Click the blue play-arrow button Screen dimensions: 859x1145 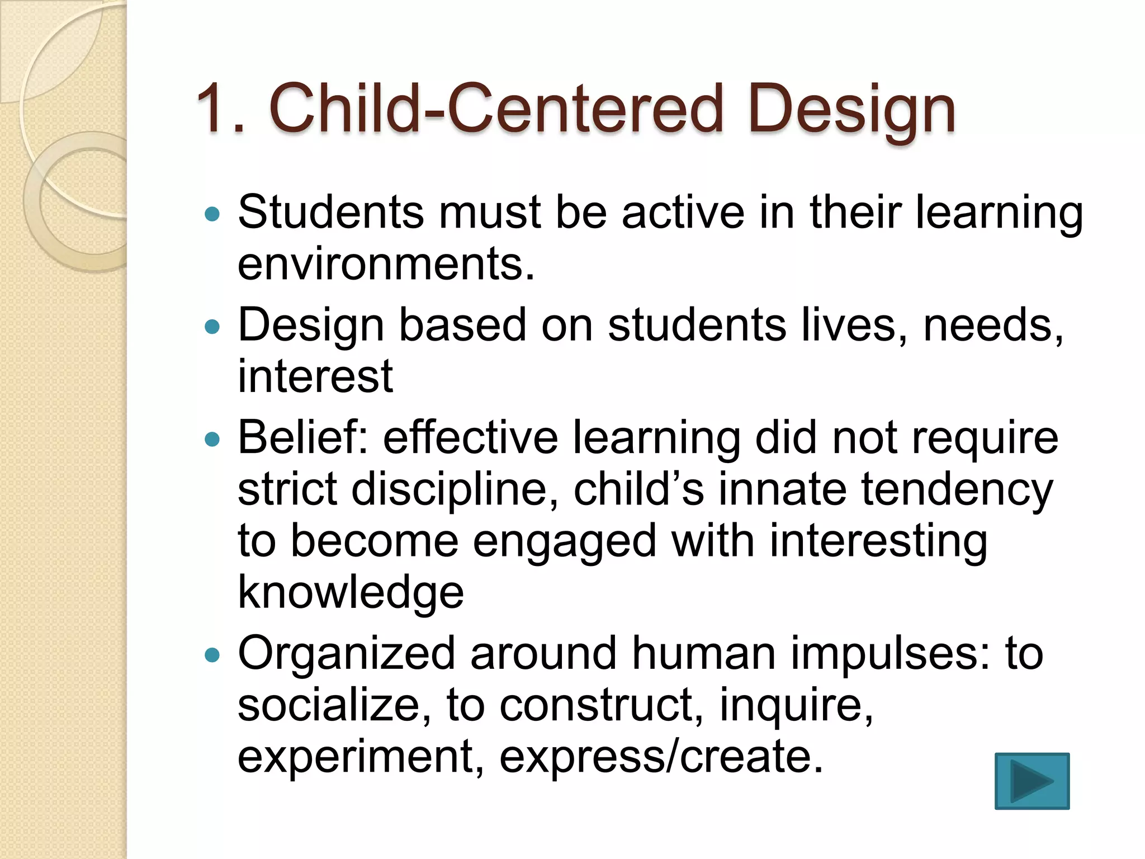point(1032,781)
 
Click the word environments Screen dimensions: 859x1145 point(386,264)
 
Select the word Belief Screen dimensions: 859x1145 point(302,437)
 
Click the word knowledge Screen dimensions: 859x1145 point(351,592)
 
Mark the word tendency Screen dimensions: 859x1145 point(957,490)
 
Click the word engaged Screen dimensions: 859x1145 point(565,541)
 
